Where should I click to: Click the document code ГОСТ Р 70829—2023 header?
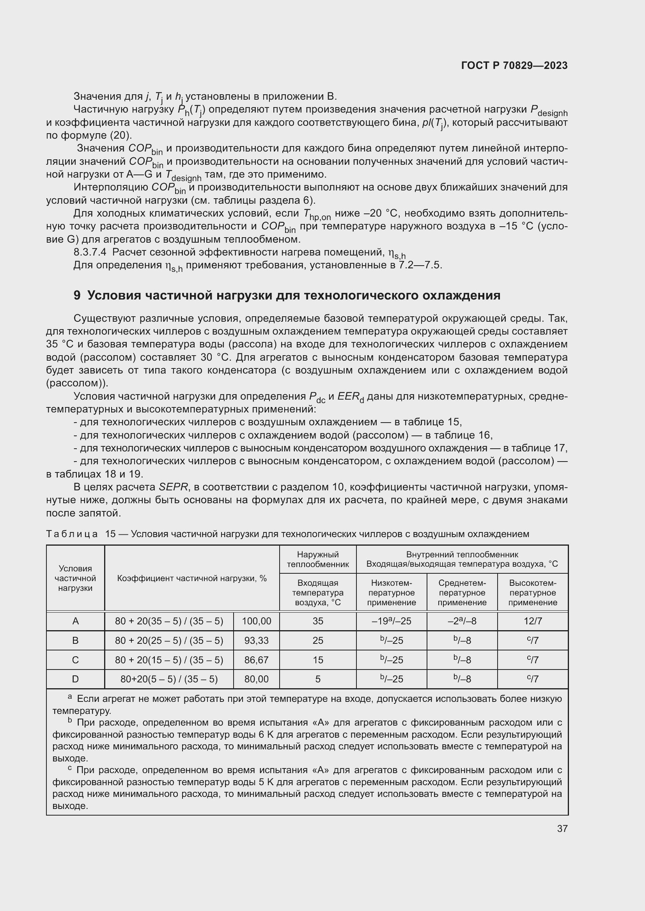pos(514,65)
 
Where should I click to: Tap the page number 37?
pos(562,828)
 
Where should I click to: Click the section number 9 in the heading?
pos(77,296)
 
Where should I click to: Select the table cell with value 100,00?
pos(256,621)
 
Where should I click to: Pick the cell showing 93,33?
pos(256,640)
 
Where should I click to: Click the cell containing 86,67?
pos(256,660)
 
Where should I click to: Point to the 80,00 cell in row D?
pos(256,679)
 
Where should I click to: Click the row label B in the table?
pos(76,640)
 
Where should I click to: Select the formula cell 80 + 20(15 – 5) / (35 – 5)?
pos(169,660)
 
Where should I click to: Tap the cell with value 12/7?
pos(533,621)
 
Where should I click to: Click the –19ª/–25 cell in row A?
pos(391,621)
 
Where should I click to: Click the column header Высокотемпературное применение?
pos(533,593)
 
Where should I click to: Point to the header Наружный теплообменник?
pos(318,559)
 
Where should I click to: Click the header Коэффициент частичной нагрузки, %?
pos(192,578)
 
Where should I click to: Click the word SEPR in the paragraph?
pos(173,487)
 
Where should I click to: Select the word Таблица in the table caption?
pos(72,534)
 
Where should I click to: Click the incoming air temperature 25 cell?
pos(318,640)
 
